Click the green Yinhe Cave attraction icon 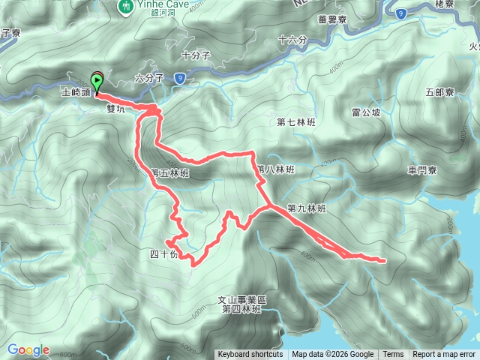click(125, 6)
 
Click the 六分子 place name click(148, 78)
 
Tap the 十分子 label click(196, 55)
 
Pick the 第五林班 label click(170, 172)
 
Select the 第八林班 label click(275, 169)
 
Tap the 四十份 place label click(164, 254)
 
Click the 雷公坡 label click(366, 112)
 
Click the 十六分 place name click(292, 40)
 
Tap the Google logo click(28, 349)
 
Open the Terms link click(393, 355)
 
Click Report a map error click(445, 355)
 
